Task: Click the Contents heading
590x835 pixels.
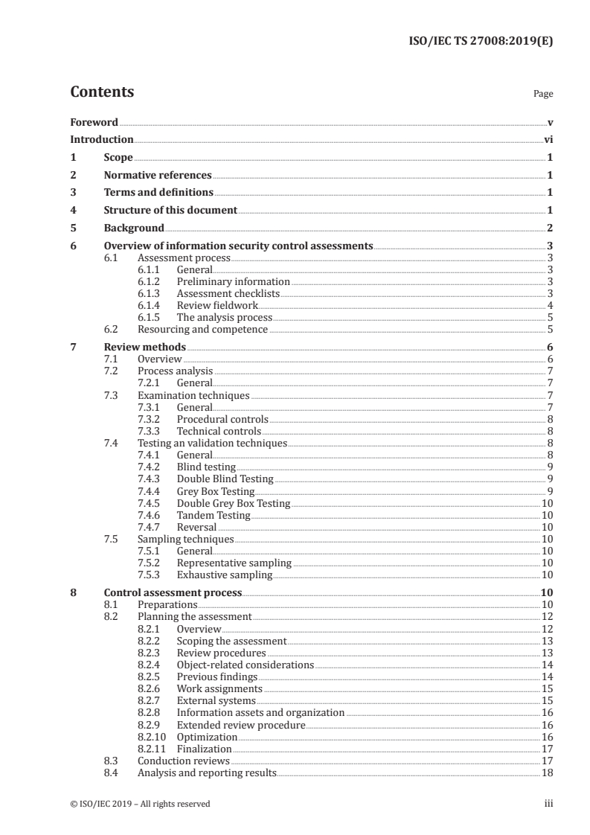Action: tap(102, 92)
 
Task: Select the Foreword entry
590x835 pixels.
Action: tap(94, 122)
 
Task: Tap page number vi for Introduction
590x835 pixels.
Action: tap(548, 139)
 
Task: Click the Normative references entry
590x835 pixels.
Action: tap(158, 176)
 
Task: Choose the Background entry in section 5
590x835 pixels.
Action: tap(134, 228)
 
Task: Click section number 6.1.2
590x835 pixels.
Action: tap(151, 282)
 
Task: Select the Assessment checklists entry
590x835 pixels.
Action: tap(228, 294)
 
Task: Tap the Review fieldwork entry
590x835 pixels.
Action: tap(217, 306)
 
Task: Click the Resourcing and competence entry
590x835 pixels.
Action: tap(202, 330)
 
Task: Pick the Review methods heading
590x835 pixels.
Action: tap(144, 348)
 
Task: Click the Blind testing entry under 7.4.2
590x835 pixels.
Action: tap(206, 467)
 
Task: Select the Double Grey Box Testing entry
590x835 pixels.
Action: tap(233, 503)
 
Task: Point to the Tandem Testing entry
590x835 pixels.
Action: tap(214, 515)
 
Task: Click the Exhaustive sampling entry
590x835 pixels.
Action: tap(224, 575)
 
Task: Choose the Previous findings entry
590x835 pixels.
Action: tap(217, 677)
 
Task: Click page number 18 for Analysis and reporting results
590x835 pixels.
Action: tap(547, 773)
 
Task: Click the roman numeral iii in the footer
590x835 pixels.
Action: tap(548, 804)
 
